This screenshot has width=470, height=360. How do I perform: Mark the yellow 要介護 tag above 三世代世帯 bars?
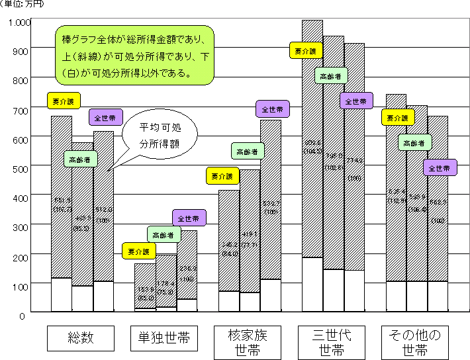coord(306,50)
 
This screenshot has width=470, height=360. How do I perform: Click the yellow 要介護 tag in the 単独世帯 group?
coord(139,251)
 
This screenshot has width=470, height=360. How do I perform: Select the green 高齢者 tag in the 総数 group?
coord(81,159)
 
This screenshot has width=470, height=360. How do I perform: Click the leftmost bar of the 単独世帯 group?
coord(145,286)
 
